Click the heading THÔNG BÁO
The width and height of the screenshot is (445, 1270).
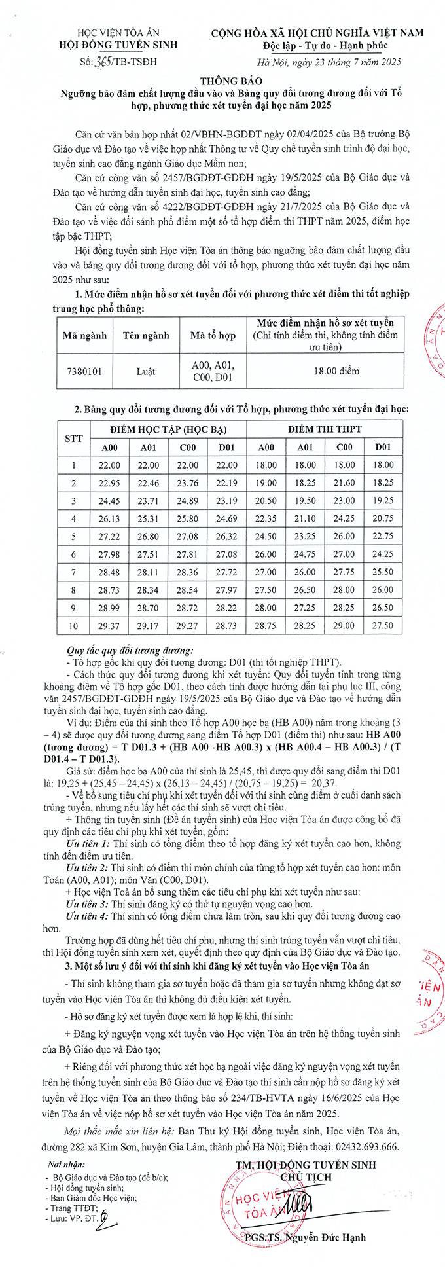point(222,81)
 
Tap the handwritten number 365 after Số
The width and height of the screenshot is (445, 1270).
point(104,62)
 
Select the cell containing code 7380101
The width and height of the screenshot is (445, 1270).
point(84,371)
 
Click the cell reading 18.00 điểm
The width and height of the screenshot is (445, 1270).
point(336,371)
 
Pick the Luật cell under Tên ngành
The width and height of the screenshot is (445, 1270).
point(146,371)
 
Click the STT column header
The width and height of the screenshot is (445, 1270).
point(74,438)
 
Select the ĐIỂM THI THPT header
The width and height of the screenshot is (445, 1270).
point(325,429)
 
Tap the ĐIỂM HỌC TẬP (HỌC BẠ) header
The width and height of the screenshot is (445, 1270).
point(168,429)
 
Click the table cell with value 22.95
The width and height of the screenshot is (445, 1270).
point(109,483)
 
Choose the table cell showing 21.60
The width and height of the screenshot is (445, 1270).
point(344,483)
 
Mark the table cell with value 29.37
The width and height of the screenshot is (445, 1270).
point(109,626)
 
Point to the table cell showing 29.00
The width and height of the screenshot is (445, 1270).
point(344,626)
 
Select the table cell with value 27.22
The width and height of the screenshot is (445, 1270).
point(109,537)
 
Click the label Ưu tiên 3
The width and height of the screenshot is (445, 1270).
point(88,903)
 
